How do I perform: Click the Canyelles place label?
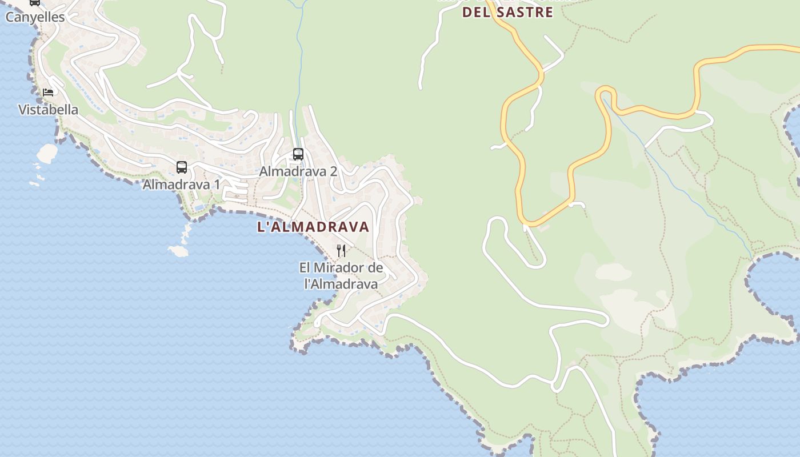(x=35, y=17)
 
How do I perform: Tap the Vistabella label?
(x=48, y=110)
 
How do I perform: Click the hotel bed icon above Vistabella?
(x=48, y=92)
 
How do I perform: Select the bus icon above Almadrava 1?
(x=182, y=167)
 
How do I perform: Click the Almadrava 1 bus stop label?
(x=181, y=185)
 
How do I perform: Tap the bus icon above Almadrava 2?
(x=298, y=154)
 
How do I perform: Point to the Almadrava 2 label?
(x=298, y=171)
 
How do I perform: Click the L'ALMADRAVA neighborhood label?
(x=313, y=227)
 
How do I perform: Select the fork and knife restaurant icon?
(x=341, y=250)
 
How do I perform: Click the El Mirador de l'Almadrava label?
(x=341, y=276)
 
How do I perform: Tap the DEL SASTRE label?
(x=507, y=13)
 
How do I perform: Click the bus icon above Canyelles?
(x=35, y=2)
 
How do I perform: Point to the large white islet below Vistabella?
(x=47, y=153)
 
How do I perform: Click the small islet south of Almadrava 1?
(x=178, y=251)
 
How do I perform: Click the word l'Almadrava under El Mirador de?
(x=341, y=284)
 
